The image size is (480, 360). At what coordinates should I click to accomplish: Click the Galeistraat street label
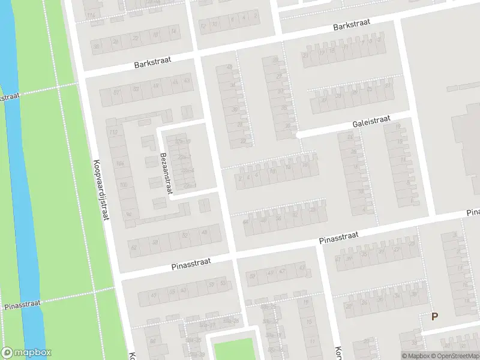[371, 122]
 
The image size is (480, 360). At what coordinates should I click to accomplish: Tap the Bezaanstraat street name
[166, 173]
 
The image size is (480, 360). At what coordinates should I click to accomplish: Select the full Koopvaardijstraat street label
[100, 190]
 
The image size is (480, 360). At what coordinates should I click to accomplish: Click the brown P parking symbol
[435, 316]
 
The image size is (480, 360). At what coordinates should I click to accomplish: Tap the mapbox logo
[26, 353]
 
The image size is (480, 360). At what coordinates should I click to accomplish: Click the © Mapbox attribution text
[416, 356]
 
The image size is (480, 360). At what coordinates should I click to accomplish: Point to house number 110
[112, 131]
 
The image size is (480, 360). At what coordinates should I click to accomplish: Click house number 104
[120, 163]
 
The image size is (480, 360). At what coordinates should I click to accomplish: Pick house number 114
[91, 15]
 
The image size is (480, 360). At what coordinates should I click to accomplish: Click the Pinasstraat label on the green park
[22, 305]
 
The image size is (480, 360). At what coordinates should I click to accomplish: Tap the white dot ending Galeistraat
[298, 135]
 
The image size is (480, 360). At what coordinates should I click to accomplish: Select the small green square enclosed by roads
[233, 349]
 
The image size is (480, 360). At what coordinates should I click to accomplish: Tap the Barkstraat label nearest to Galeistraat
[352, 25]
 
